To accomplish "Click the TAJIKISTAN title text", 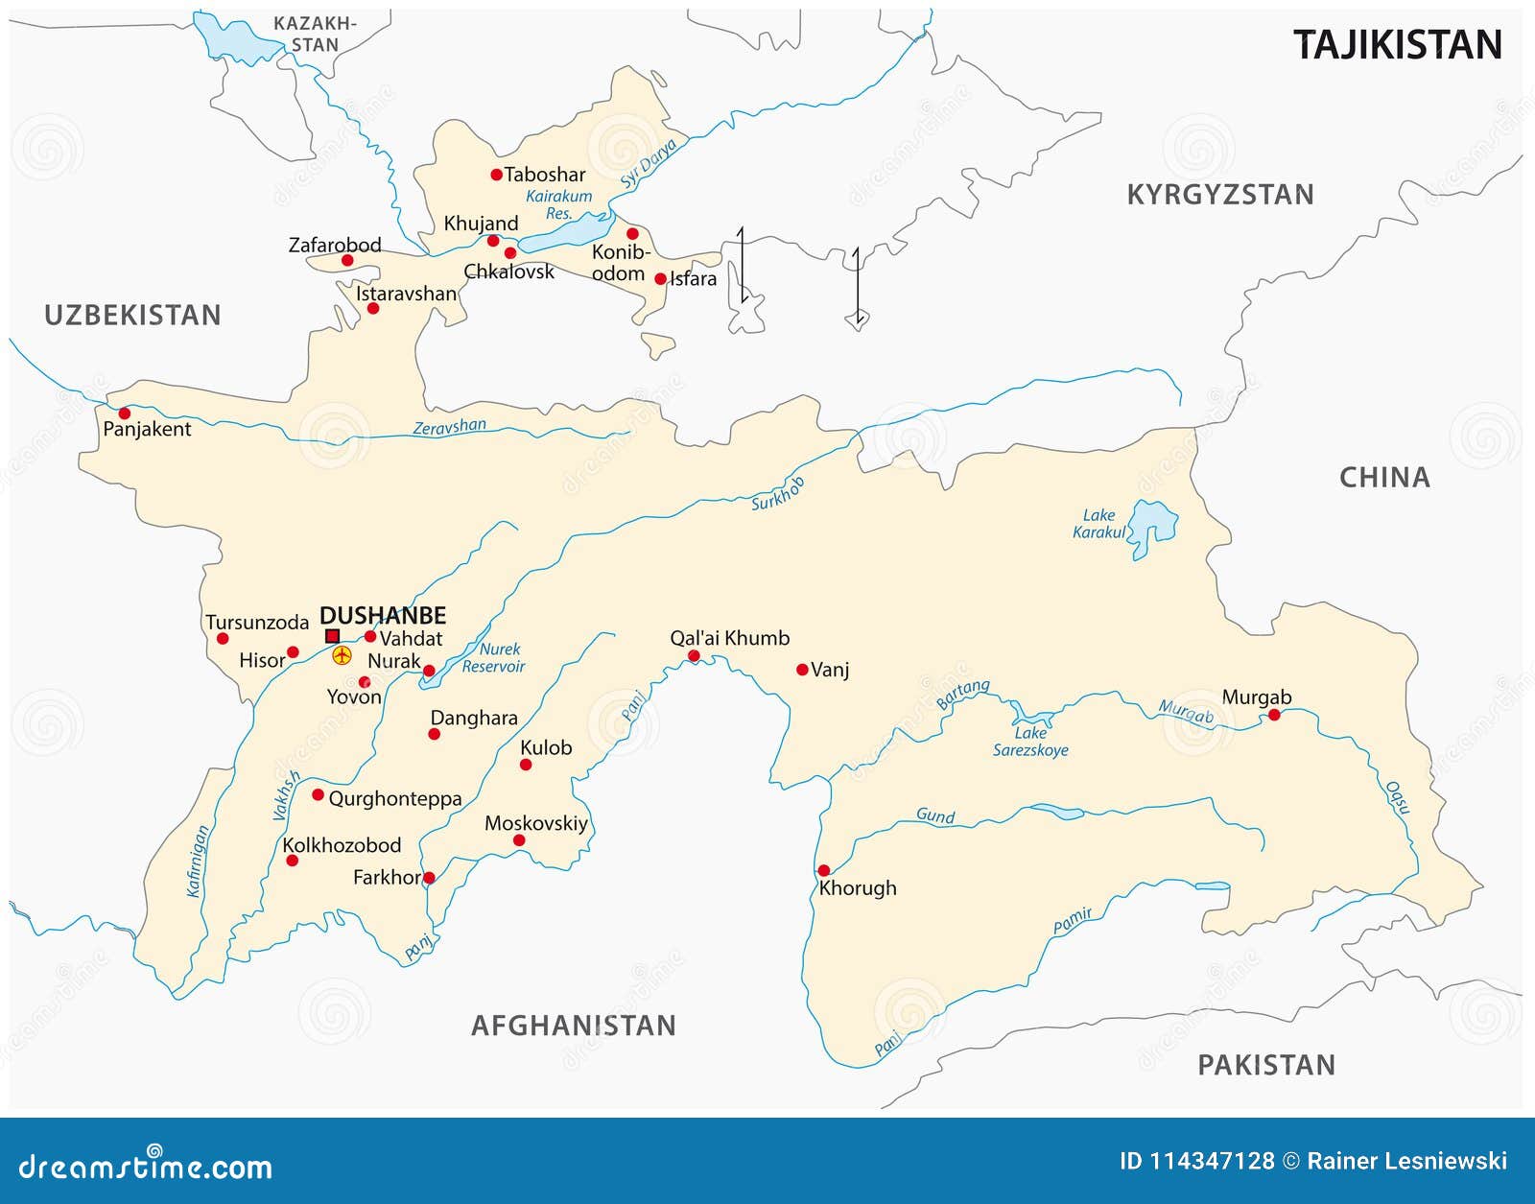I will [x=1397, y=45].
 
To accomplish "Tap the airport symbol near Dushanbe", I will [x=342, y=655].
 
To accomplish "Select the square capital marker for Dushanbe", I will [x=332, y=636].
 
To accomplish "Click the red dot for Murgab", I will [x=1274, y=715].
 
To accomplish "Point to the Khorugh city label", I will [x=858, y=888].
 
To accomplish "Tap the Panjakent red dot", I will [x=124, y=413].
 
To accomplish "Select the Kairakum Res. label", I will [x=558, y=204].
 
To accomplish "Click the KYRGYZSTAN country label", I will [x=1219, y=195].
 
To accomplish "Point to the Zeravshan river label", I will [x=449, y=427].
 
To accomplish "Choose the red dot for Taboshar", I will [x=496, y=175].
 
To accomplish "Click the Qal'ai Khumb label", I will [x=729, y=638].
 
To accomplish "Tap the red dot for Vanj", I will [x=802, y=670].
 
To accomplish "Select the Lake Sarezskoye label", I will [x=1030, y=742].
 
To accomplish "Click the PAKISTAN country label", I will [x=1265, y=1065].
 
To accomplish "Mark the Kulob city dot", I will [x=526, y=765].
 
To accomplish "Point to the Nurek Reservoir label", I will [x=494, y=658].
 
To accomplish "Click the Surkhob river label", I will [x=777, y=493].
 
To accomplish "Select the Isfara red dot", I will [x=660, y=279].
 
